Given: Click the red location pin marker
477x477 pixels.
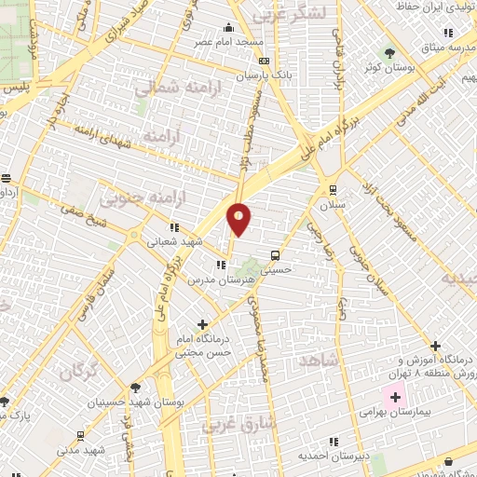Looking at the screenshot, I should pos(239,220).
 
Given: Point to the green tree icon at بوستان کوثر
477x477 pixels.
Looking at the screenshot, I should pos(391,53).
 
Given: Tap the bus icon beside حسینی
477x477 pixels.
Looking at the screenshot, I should pos(275,254).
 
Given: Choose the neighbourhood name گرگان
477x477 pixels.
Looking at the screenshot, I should pos(80,372).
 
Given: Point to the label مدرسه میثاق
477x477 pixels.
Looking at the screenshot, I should pos(443,47).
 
